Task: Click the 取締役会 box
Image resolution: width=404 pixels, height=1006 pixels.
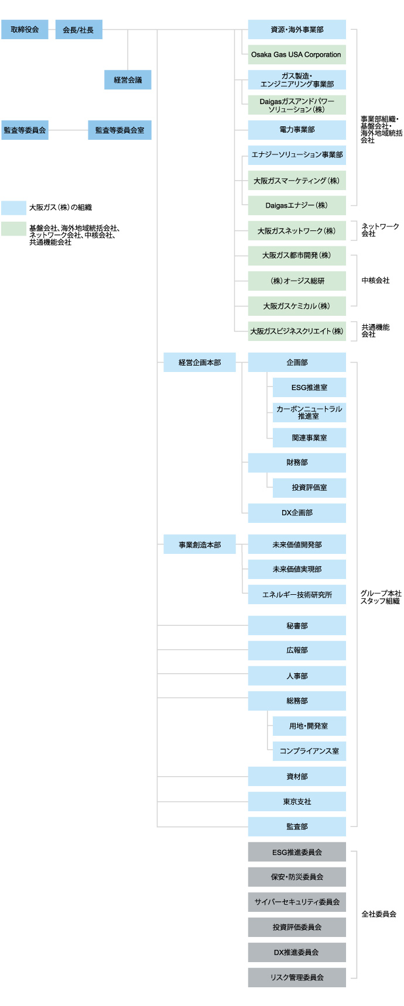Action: (25, 29)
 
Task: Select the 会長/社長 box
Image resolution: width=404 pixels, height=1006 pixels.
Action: (78, 29)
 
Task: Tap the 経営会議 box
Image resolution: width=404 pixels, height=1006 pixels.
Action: (128, 80)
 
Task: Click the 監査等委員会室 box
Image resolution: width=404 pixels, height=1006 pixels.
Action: (119, 130)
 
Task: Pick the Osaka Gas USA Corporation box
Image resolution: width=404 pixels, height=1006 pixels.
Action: (296, 54)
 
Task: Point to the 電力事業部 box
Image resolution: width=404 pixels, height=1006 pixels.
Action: (297, 130)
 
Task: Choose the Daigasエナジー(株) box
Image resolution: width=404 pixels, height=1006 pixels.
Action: (297, 205)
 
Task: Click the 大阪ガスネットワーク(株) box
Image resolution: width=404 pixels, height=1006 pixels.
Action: (297, 230)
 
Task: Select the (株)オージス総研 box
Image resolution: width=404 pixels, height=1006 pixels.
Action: (297, 281)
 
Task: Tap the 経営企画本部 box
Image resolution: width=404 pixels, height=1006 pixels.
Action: (200, 363)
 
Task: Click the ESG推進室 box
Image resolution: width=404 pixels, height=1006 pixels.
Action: (309, 387)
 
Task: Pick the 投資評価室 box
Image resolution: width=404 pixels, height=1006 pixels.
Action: (309, 488)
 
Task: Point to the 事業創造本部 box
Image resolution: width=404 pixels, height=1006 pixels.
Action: (200, 545)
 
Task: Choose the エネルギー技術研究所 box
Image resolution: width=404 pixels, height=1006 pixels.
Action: (297, 594)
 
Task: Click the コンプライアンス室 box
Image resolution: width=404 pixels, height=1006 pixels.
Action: (309, 751)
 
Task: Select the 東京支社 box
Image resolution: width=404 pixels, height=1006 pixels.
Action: (297, 801)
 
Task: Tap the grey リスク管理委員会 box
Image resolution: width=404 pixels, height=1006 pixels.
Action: (297, 977)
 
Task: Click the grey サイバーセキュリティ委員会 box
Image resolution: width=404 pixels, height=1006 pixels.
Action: (297, 902)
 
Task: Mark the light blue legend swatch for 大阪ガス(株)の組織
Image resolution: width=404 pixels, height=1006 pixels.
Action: (13, 208)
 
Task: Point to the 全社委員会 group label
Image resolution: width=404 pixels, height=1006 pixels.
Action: (379, 914)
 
